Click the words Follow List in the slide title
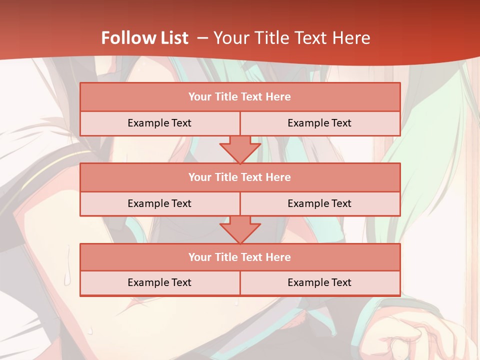click(144, 38)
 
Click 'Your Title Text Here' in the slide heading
click(291, 38)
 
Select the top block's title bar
click(240, 97)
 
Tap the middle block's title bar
click(240, 177)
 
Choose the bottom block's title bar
click(240, 257)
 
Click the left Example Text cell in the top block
click(159, 123)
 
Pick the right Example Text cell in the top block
click(319, 123)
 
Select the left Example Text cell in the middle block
click(159, 203)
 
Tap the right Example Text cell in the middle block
click(319, 203)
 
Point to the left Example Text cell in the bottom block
click(159, 282)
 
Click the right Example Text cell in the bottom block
click(319, 282)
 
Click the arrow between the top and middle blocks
click(240, 149)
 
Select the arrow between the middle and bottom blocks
click(240, 229)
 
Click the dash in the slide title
click(202, 38)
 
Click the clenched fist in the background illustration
click(415, 337)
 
